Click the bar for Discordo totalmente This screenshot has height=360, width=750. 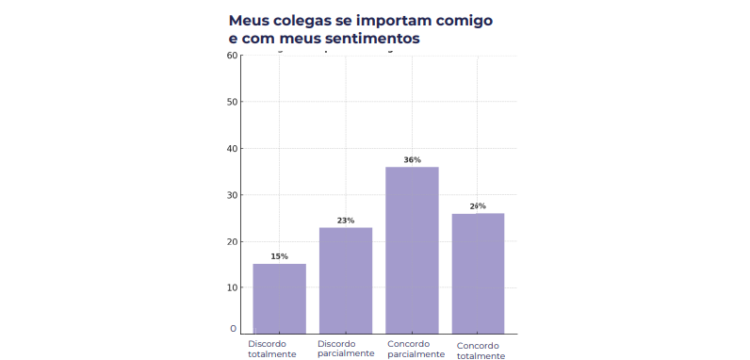[x=279, y=298]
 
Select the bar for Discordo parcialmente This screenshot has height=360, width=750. [x=346, y=280]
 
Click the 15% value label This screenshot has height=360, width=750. [x=279, y=256]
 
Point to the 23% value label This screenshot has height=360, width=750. [x=346, y=221]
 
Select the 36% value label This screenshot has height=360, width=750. [x=412, y=160]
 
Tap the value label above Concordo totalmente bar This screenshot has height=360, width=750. [x=478, y=206]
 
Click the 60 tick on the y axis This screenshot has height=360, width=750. [x=232, y=56]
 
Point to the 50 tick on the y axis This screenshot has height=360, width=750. [x=232, y=102]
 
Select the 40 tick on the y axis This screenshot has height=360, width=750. [x=232, y=148]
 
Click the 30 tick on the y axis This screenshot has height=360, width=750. [x=232, y=195]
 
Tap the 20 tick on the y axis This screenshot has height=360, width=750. [x=232, y=241]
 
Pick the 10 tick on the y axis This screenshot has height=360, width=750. [x=232, y=287]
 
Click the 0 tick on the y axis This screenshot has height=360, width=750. [x=234, y=329]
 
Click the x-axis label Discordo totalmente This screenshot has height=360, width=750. [x=272, y=349]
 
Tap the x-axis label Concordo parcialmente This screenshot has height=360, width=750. [x=414, y=349]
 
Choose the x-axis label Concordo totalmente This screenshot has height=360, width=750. [x=481, y=350]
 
